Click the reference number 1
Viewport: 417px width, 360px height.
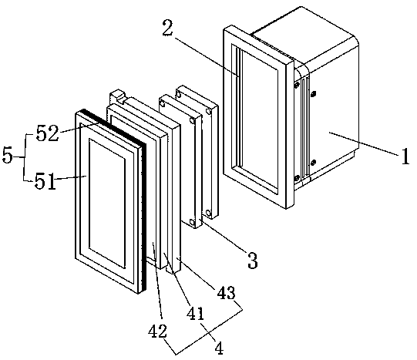(405, 156)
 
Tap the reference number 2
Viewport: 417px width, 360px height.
(168, 28)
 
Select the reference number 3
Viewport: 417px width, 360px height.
(252, 261)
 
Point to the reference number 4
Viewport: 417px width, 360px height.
(219, 348)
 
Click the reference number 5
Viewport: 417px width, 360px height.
(8, 155)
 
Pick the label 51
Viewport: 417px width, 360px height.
(45, 182)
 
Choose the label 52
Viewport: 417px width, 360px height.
(47, 133)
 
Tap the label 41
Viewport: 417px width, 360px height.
(196, 313)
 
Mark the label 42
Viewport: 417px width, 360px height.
(158, 331)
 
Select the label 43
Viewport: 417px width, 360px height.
(227, 293)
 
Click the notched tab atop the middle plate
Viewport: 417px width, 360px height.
(117, 97)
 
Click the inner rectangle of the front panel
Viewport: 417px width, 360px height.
(107, 203)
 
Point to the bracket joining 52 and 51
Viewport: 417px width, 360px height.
(25, 157)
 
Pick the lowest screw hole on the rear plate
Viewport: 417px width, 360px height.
(208, 213)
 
